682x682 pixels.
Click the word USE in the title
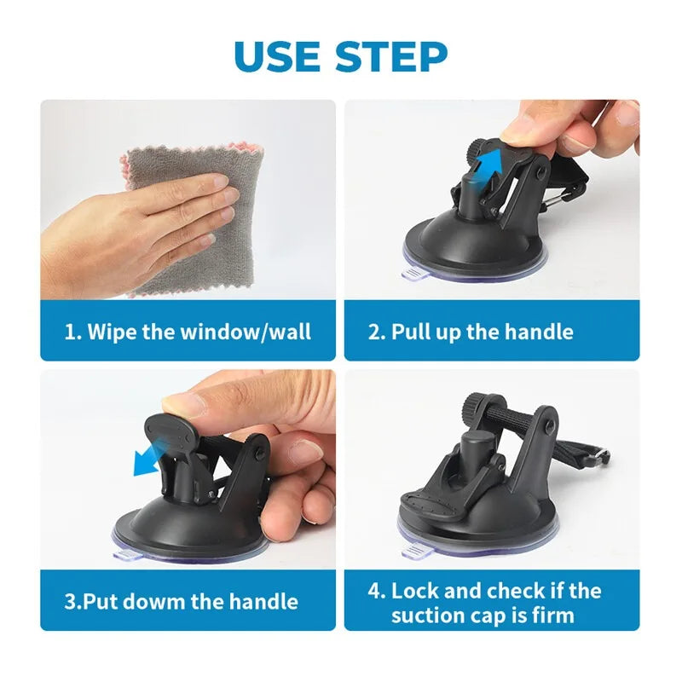[x=277, y=56]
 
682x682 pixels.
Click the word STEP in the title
[x=391, y=56]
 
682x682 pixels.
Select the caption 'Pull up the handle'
[x=482, y=331]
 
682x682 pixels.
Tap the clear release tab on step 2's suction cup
[x=413, y=275]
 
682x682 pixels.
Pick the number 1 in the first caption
[x=70, y=331]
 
